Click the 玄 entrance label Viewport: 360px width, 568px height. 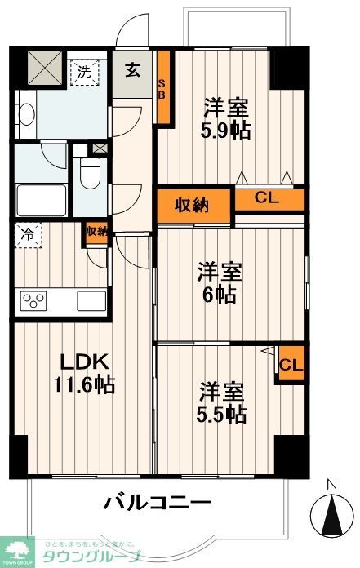(x=132, y=69)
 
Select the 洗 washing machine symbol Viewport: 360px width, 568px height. (x=85, y=72)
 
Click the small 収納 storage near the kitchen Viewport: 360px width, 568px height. (x=96, y=233)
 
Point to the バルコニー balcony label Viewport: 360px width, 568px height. (x=157, y=501)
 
